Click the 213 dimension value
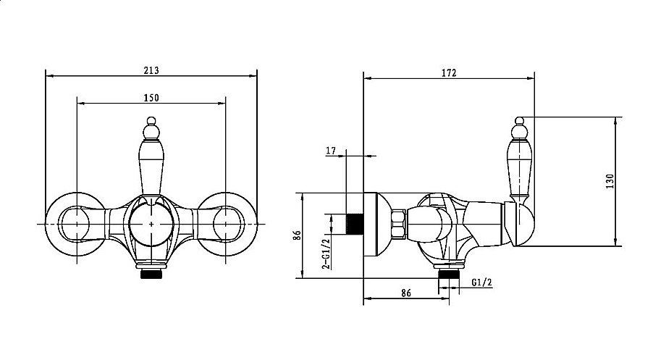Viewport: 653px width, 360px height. point(151,70)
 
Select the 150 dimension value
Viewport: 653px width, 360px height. point(151,98)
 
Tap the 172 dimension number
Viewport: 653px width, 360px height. point(449,73)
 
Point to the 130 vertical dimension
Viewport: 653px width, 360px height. point(610,181)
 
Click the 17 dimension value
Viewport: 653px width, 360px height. point(331,151)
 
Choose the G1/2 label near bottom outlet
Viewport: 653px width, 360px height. point(482,282)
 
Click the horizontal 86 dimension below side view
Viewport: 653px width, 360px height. point(406,293)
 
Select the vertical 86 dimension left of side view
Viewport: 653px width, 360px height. point(297,235)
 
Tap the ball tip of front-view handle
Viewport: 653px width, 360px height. point(151,121)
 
